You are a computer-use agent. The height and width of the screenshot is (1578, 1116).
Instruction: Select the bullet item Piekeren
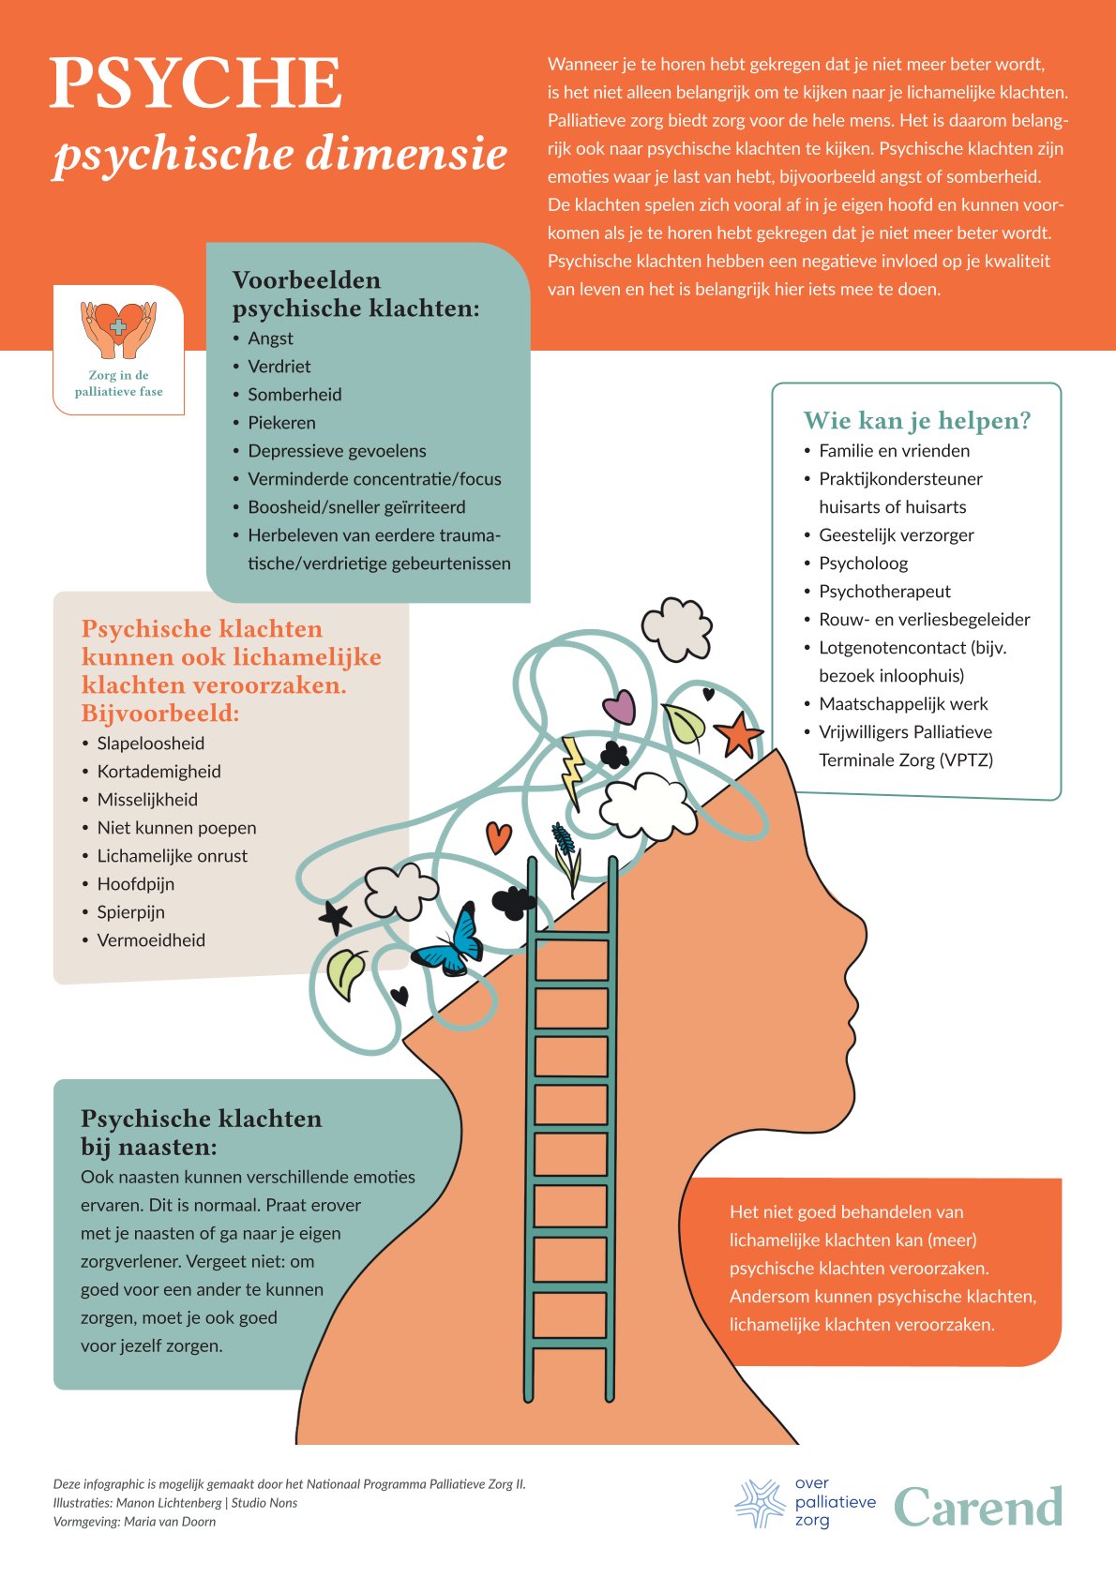[x=281, y=423]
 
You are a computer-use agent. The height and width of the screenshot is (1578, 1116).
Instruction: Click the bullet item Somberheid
[x=294, y=395]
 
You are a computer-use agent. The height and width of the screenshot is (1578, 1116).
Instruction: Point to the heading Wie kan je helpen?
[x=916, y=421]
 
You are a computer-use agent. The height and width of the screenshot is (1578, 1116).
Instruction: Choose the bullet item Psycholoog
[x=863, y=564]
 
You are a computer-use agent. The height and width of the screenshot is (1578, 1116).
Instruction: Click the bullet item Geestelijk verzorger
[x=896, y=535]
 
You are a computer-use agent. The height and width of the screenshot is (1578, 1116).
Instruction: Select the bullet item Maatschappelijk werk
[x=903, y=704]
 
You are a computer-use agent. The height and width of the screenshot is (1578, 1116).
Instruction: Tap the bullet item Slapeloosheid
[x=150, y=744]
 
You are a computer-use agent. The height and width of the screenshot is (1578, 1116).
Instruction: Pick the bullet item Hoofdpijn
[x=135, y=884]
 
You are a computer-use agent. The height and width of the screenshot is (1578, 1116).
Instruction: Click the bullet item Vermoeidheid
[x=151, y=940]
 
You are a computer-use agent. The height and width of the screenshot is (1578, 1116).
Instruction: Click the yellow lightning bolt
[x=571, y=771]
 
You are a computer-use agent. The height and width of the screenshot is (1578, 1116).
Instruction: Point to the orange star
[x=738, y=734]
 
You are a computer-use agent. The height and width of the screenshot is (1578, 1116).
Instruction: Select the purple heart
[x=619, y=707]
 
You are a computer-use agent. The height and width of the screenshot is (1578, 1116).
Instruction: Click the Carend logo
[x=977, y=1507]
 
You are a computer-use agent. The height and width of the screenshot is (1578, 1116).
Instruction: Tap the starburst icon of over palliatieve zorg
[x=759, y=1503]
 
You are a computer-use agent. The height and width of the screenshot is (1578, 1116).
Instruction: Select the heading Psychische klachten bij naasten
[x=201, y=1132]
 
